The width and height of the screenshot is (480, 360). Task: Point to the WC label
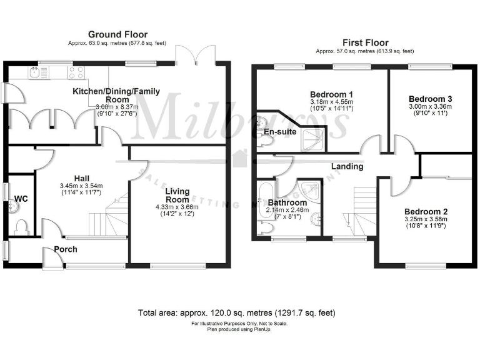pos(21,199)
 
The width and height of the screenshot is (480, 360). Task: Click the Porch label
pos(66,249)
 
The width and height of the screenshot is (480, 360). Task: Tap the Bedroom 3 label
pos(431,99)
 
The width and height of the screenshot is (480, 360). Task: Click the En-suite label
pos(279,132)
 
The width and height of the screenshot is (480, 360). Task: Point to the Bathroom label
pos(287,202)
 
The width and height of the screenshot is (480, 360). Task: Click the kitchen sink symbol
pos(34,72)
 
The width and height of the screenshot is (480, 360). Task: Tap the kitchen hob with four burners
pos(76,72)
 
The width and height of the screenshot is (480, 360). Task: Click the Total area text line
pos(236,312)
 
